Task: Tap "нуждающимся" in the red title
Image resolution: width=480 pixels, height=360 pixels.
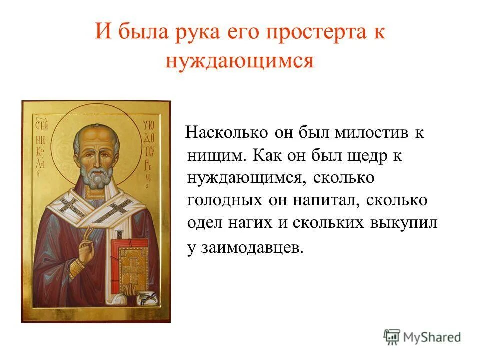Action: pos(239,61)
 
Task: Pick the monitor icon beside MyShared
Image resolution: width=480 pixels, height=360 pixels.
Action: pos(392,336)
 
